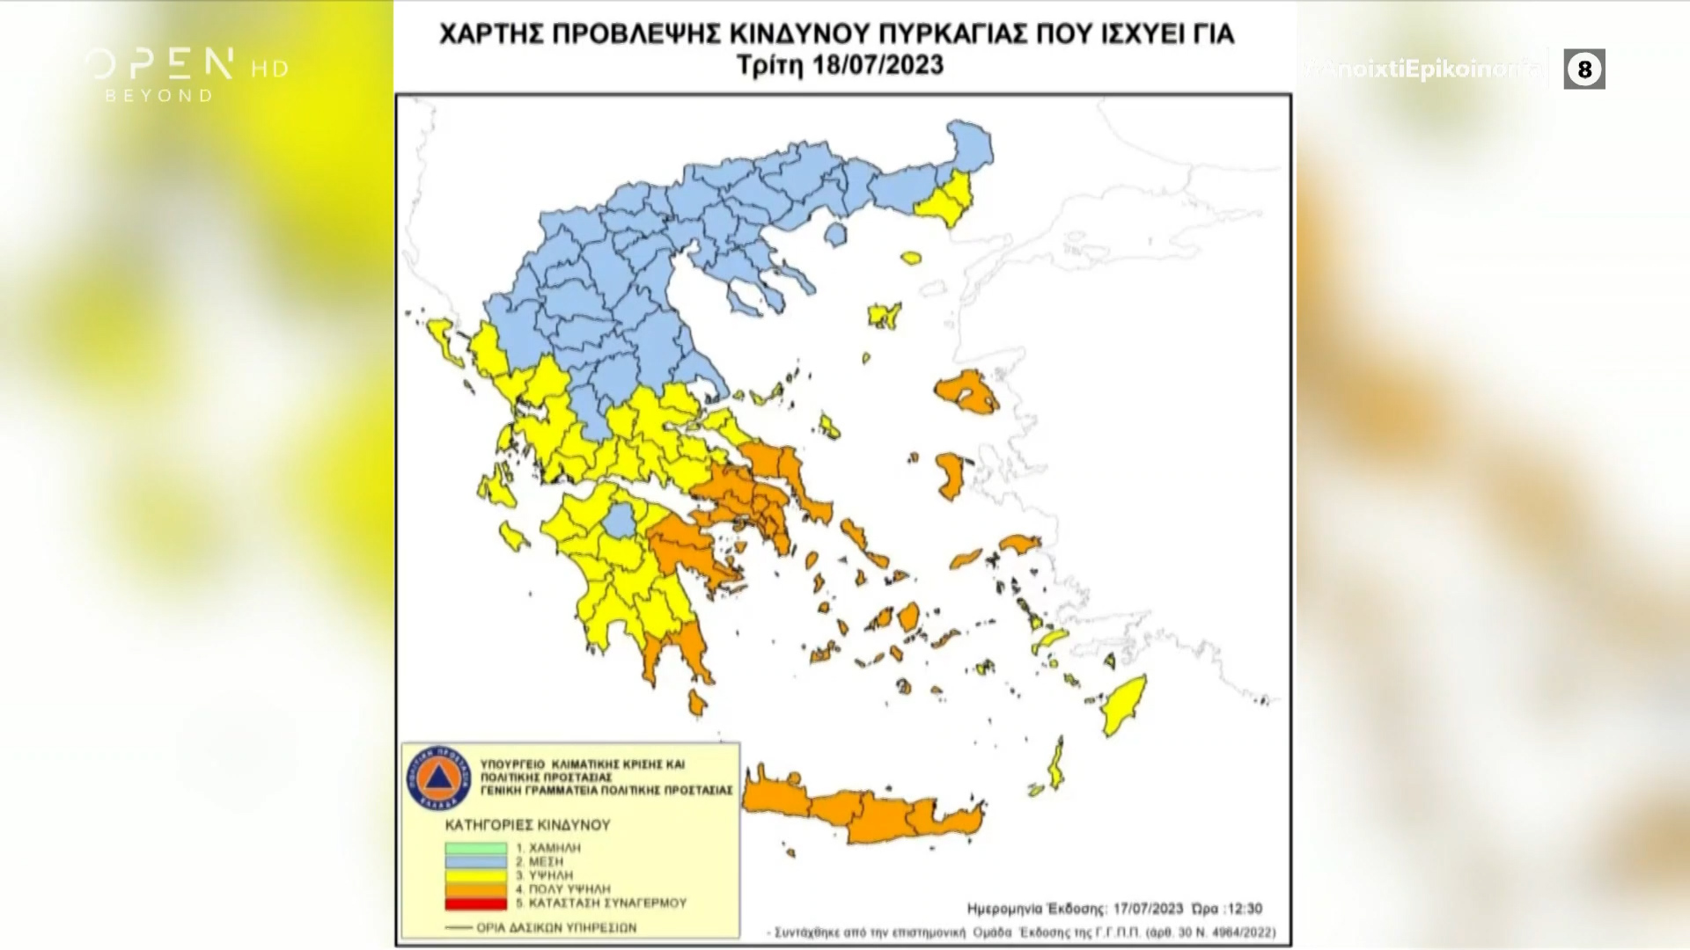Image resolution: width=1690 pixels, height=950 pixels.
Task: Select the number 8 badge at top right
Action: tap(1584, 69)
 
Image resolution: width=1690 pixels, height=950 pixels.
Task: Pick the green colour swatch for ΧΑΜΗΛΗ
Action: tap(475, 848)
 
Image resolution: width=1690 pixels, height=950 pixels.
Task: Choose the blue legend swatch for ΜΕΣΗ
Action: tap(475, 862)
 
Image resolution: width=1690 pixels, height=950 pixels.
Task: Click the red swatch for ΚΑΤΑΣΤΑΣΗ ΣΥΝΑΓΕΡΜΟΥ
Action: tap(475, 903)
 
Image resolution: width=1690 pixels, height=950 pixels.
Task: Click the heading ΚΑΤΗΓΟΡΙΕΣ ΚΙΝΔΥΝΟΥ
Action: tap(527, 825)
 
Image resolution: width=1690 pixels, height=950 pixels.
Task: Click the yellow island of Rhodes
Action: tap(1125, 705)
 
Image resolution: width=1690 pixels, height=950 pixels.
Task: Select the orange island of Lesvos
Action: tap(966, 393)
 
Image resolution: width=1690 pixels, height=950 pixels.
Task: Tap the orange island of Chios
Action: tap(951, 475)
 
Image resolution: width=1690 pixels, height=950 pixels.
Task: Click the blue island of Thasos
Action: tap(835, 234)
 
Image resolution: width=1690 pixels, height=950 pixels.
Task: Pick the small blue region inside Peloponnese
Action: tap(621, 521)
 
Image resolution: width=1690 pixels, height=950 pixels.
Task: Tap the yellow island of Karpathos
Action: tap(1056, 764)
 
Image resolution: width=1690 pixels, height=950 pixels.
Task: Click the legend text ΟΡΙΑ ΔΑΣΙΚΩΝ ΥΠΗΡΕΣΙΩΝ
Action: tap(555, 927)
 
